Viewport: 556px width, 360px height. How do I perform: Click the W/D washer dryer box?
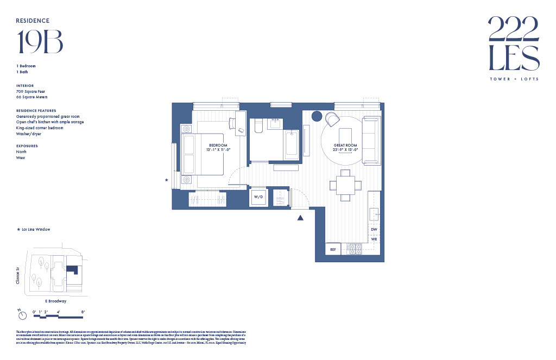(x=258, y=197)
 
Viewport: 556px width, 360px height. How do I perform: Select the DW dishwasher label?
(x=374, y=230)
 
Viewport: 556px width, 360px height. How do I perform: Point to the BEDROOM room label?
(x=217, y=144)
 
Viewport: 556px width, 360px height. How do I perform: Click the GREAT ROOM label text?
(x=345, y=145)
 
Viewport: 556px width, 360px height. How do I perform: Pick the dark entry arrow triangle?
(x=299, y=218)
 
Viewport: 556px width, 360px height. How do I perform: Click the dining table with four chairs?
(x=345, y=185)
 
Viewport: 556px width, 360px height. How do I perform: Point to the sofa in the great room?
(x=371, y=140)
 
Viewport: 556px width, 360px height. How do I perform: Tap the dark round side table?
(x=317, y=116)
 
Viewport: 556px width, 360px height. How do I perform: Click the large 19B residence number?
(x=40, y=42)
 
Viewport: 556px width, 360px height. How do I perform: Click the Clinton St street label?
(x=18, y=275)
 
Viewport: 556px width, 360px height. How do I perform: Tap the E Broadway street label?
(x=55, y=301)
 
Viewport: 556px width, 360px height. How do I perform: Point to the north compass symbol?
(x=20, y=314)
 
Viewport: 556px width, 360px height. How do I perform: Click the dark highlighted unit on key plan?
(x=72, y=270)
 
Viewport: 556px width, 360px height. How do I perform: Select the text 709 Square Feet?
(x=31, y=91)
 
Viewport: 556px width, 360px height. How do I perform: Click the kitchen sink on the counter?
(x=374, y=214)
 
